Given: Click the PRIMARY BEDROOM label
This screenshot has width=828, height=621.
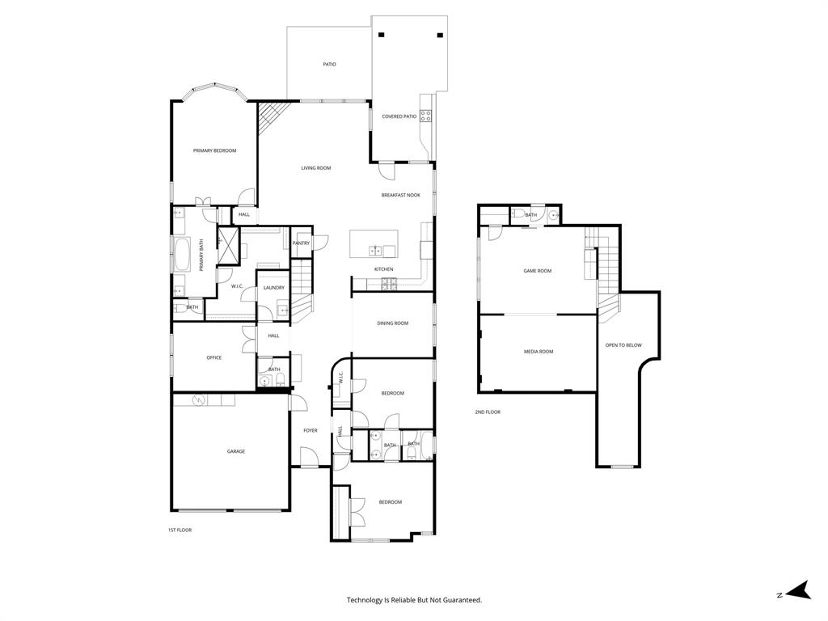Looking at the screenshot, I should tap(214, 150).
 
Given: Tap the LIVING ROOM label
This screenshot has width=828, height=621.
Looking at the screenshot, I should tap(316, 168).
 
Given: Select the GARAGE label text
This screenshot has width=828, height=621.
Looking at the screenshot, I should tap(235, 451).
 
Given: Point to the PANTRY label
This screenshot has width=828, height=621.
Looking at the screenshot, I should tap(301, 243).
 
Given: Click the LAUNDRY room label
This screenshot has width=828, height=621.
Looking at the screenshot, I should tap(273, 287).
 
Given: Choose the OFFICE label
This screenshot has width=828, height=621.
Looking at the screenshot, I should tap(213, 357).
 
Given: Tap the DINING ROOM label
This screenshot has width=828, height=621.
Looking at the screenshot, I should tap(392, 323).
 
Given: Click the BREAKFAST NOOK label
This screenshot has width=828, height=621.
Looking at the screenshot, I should tap(401, 195).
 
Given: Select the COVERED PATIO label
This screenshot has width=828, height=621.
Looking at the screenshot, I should tap(399, 116).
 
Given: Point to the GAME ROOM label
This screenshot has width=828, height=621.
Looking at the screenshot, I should tap(538, 271).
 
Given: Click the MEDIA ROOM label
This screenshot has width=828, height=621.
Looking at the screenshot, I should tap(539, 352).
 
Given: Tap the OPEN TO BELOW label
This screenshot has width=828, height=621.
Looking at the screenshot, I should tap(623, 345).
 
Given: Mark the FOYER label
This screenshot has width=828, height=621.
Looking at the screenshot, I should tap(310, 430).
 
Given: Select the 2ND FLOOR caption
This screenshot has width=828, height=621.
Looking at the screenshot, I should tap(488, 412).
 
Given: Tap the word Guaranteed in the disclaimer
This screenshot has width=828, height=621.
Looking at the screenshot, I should tap(460, 600).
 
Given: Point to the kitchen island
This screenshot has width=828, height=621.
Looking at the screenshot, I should tap(374, 244).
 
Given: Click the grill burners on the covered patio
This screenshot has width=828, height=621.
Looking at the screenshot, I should tap(425, 115).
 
